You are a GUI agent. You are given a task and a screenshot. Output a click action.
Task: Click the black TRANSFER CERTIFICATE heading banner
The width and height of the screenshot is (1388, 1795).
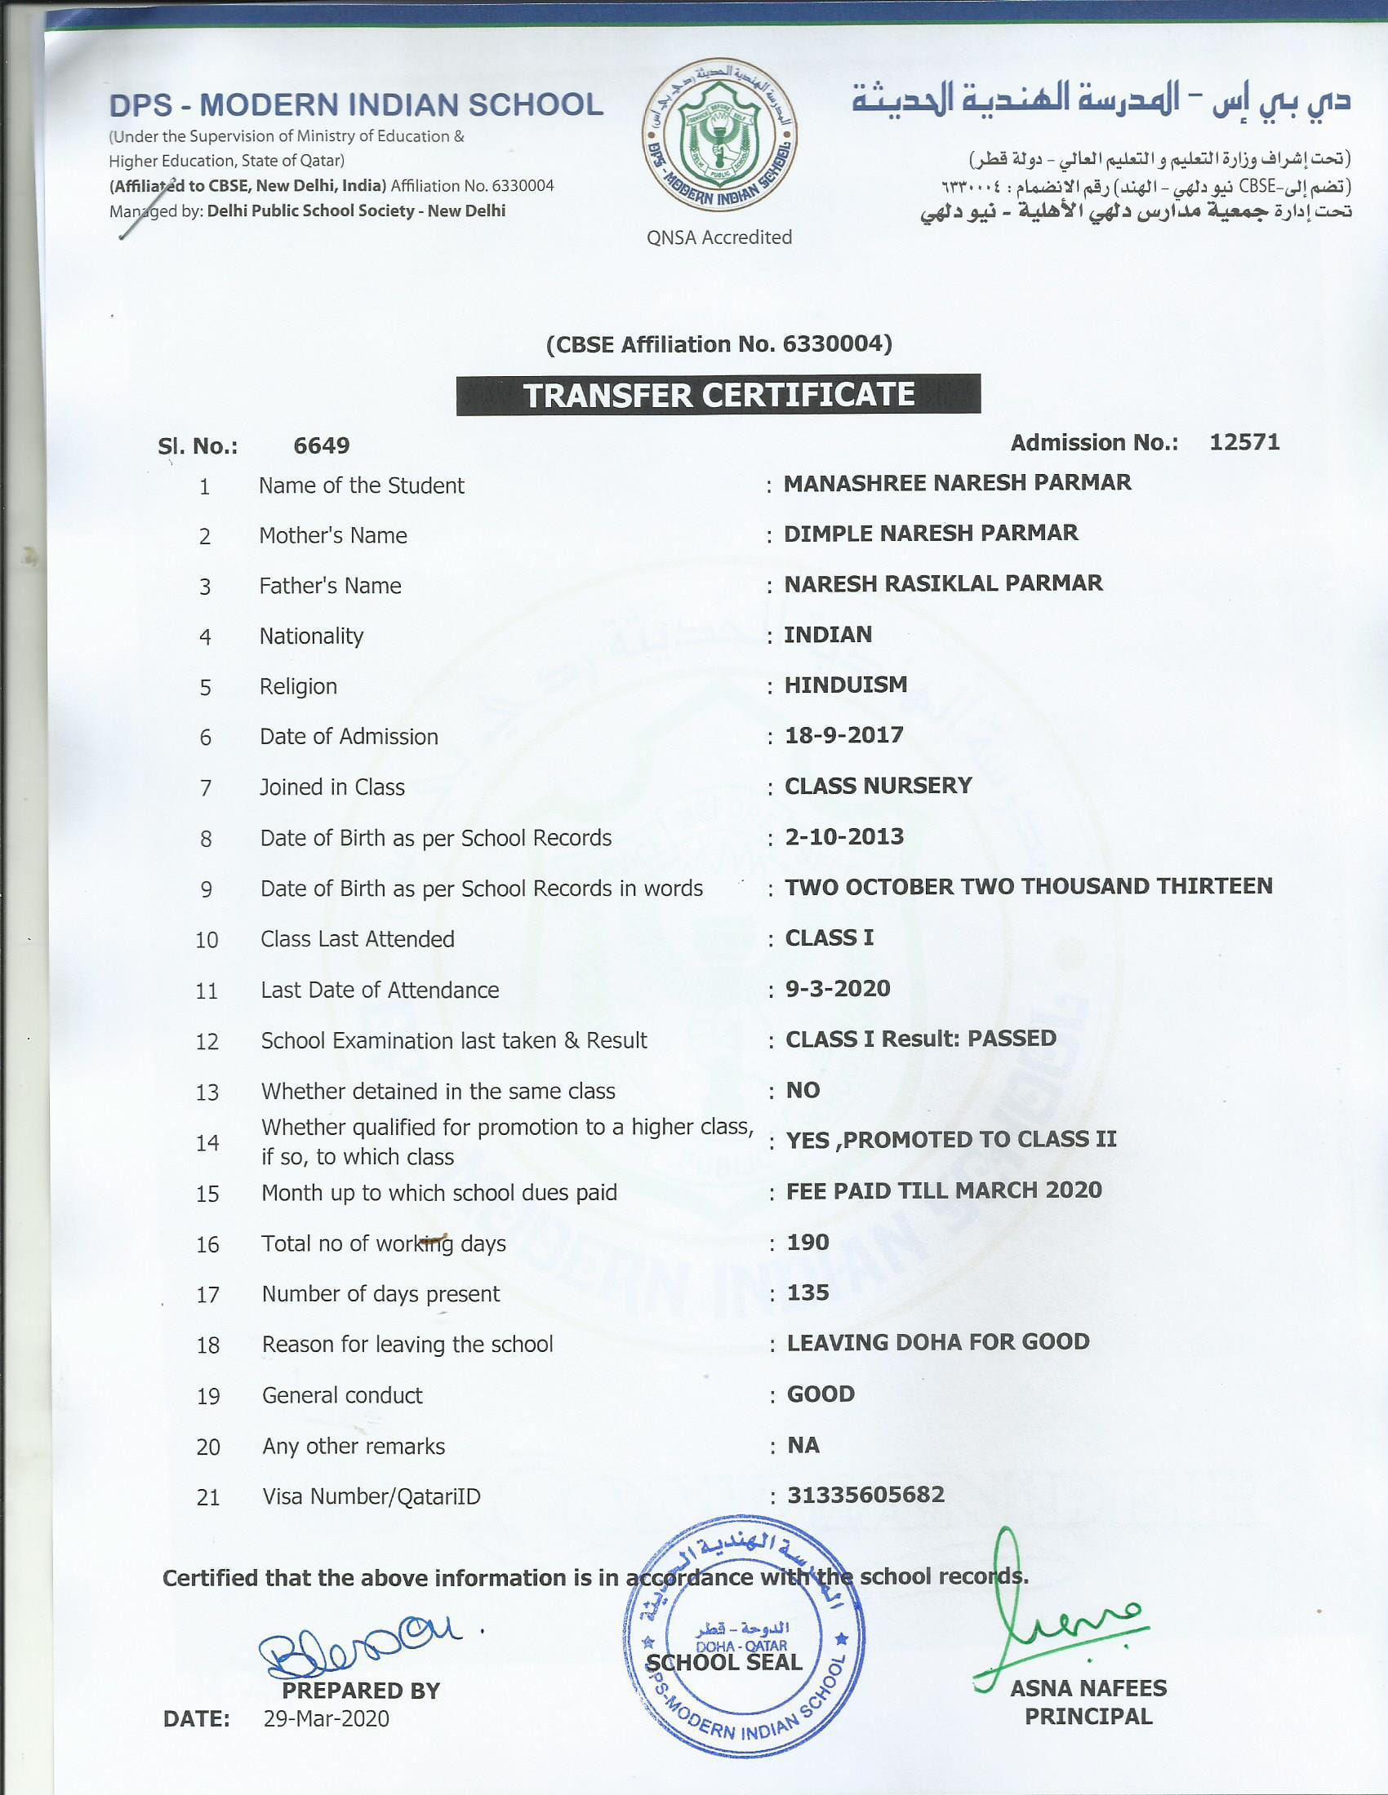pyautogui.click(x=718, y=395)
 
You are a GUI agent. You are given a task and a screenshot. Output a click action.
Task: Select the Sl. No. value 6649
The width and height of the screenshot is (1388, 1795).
pyautogui.click(x=322, y=445)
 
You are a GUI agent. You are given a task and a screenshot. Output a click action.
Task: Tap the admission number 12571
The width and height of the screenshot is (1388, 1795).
pyautogui.click(x=1244, y=442)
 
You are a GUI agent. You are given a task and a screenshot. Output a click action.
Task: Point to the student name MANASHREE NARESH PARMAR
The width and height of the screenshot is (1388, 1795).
pyautogui.click(x=957, y=482)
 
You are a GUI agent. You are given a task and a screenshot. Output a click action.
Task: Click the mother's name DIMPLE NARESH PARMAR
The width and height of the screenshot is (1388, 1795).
pyautogui.click(x=930, y=533)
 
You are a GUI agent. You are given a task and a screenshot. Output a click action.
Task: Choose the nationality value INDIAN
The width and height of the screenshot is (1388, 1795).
pyautogui.click(x=828, y=634)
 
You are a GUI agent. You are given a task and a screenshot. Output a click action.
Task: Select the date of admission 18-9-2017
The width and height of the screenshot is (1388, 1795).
pyautogui.click(x=843, y=735)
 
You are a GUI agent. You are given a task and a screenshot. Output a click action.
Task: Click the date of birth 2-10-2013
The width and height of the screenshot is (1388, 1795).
pyautogui.click(x=843, y=836)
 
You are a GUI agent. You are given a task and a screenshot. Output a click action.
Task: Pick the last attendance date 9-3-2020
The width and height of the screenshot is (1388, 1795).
pyautogui.click(x=837, y=988)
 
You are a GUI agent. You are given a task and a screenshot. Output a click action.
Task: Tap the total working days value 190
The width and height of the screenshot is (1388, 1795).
pyautogui.click(x=807, y=1242)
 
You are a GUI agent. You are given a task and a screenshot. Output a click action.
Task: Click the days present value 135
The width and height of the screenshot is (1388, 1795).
pyautogui.click(x=807, y=1292)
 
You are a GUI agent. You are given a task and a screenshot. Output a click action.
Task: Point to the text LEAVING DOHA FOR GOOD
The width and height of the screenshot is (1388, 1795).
pyautogui.click(x=937, y=1342)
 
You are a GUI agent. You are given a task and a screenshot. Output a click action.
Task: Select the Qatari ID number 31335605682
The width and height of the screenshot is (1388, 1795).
pyautogui.click(x=865, y=1494)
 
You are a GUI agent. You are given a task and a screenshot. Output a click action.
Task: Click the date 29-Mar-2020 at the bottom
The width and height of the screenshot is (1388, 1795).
pyautogui.click(x=327, y=1718)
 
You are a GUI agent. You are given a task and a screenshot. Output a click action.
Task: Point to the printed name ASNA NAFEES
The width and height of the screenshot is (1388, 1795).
pyautogui.click(x=1088, y=1688)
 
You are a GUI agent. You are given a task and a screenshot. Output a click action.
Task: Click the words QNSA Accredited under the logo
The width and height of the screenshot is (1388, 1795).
pyautogui.click(x=718, y=237)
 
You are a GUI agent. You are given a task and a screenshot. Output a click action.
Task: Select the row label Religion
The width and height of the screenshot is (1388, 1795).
pyautogui.click(x=298, y=686)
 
